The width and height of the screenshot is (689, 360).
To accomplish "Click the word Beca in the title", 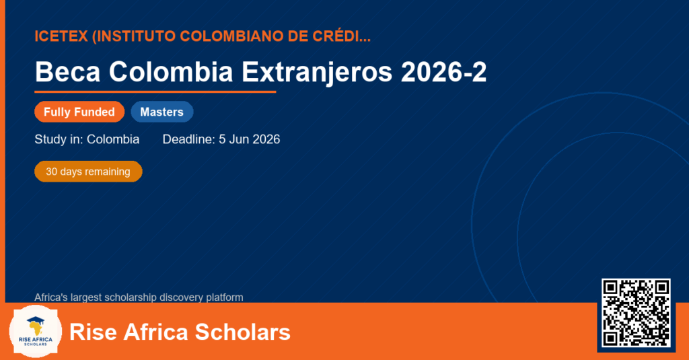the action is coord(68,71).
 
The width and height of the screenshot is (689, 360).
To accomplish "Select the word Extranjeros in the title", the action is coord(317,72).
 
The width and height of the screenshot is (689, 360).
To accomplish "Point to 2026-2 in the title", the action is coord(444,71).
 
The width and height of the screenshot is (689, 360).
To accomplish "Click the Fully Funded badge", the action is coord(79,112).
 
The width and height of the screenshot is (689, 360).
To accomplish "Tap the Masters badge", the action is coord(162,112).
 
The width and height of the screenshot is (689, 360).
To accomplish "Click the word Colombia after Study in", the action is coord(113,139).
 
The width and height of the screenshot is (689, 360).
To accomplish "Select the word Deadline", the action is coord(188,139).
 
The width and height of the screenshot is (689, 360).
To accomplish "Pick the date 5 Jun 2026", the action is coord(249,139).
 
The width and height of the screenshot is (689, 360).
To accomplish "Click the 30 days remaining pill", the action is coord(88,172).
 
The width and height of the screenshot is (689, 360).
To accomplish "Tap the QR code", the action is coord(636,313).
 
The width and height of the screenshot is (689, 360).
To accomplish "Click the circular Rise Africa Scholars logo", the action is coord(36,332).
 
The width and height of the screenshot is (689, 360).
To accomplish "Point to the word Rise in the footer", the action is coord(93,332).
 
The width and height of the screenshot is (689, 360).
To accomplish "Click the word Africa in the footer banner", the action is coord(155,332).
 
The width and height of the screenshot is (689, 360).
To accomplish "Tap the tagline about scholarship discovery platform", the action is coord(139,297).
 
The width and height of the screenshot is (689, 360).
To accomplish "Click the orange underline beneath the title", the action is coord(155,92).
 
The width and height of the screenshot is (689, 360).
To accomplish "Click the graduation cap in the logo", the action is coord(36,320).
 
